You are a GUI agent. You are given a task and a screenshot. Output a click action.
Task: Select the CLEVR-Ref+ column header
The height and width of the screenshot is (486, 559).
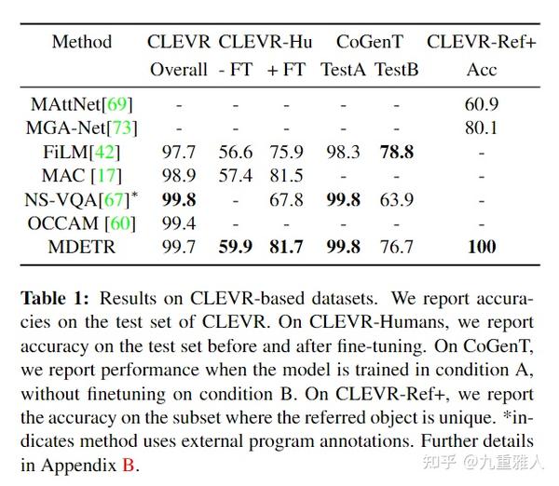[481, 42]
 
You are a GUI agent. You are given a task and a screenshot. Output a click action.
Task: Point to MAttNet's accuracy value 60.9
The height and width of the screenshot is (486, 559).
[482, 104]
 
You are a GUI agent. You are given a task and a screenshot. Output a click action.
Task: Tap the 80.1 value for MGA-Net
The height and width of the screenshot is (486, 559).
[482, 128]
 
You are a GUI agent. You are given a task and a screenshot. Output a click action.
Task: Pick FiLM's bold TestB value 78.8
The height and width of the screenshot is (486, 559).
[396, 152]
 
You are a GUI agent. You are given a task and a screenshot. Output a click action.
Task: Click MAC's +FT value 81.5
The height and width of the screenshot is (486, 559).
[285, 175]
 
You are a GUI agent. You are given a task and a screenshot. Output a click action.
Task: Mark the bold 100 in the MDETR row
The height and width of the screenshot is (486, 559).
[482, 247]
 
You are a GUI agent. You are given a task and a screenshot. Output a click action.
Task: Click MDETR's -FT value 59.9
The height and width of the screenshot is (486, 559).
[235, 247]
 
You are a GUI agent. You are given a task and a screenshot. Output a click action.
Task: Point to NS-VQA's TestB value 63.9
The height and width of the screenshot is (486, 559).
[396, 199]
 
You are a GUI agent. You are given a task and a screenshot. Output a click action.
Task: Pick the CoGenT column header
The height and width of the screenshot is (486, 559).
[370, 42]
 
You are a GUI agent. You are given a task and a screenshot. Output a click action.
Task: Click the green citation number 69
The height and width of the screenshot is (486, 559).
[116, 104]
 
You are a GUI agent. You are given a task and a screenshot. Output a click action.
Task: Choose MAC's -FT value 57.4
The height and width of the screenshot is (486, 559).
[235, 175]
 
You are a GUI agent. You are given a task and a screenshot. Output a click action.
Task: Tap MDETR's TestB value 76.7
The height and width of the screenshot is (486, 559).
[396, 247]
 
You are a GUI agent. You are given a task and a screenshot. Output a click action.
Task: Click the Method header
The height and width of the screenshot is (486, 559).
[82, 42]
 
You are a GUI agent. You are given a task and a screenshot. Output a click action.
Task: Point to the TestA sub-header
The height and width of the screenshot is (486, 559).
[342, 69]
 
